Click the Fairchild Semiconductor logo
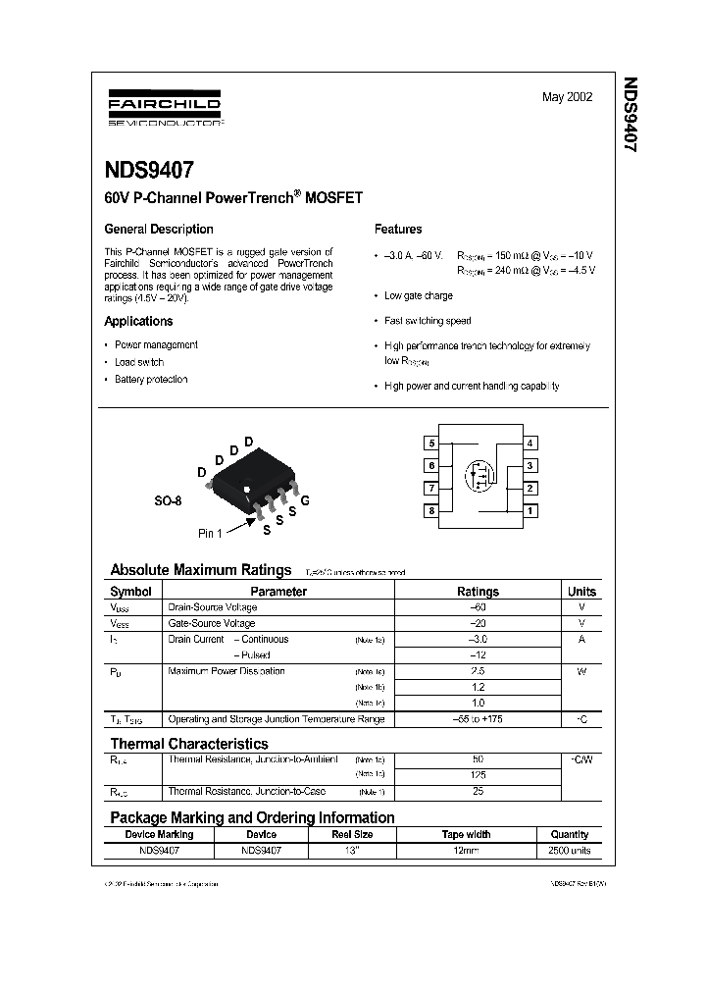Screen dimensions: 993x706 [164, 111]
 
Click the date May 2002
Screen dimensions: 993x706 [567, 97]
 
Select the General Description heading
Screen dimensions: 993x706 [159, 229]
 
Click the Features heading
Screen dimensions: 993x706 [398, 229]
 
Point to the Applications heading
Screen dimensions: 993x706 [138, 321]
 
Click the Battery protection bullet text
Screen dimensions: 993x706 [151, 379]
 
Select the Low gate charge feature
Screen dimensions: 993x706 [419, 295]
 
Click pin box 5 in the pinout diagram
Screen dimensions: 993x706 [431, 444]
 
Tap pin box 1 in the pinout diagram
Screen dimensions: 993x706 [529, 510]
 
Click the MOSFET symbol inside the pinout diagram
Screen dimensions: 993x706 [480, 476]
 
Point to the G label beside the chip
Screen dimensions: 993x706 [305, 500]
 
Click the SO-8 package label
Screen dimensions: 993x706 [168, 500]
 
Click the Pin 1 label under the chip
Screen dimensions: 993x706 [211, 533]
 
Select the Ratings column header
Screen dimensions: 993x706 [478, 592]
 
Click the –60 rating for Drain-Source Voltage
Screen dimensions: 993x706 [478, 607]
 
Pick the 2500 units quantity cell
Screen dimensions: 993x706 [570, 851]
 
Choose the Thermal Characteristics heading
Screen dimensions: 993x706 [189, 744]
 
